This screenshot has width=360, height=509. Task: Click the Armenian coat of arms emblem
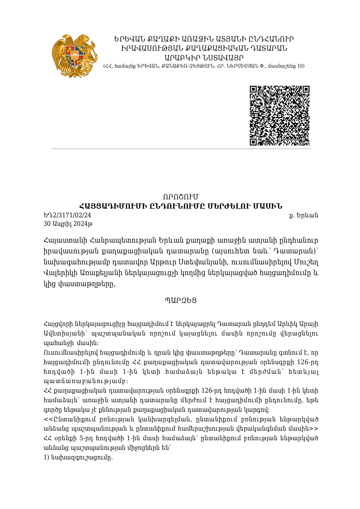74,56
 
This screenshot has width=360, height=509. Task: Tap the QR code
280,115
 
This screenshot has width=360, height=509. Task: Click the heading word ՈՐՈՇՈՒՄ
180,197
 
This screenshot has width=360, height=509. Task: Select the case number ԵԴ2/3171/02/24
67,215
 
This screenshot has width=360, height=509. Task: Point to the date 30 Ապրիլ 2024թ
68,224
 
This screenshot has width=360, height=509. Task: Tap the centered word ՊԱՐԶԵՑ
180,301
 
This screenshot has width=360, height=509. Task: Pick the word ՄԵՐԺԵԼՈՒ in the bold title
227,206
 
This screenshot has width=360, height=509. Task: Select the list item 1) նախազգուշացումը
78,458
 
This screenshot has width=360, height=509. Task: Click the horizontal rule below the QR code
181,149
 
